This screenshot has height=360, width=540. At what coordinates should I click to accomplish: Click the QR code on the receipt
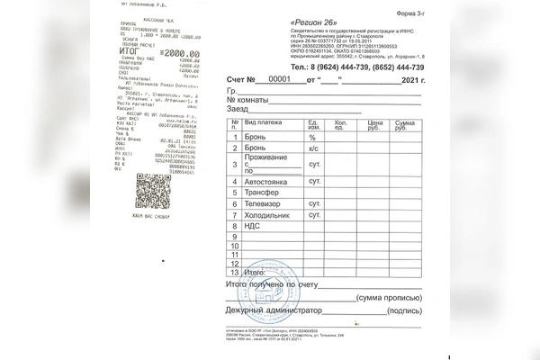click(x=152, y=191)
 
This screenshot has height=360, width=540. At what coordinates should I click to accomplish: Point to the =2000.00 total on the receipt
click(x=180, y=54)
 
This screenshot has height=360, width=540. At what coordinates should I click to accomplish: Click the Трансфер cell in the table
click(x=261, y=193)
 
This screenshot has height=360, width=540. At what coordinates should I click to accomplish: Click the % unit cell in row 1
click(x=311, y=137)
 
